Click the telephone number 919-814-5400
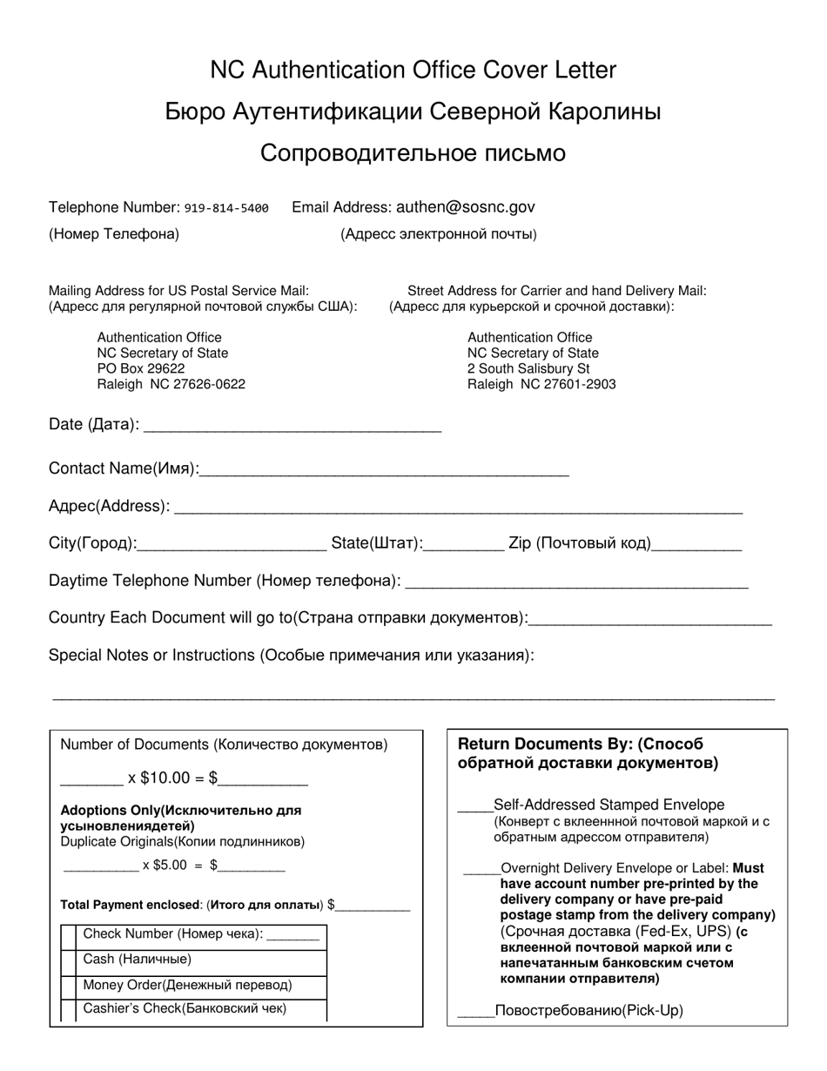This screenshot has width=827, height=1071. click(x=226, y=208)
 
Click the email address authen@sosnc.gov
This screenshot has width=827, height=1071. click(x=465, y=207)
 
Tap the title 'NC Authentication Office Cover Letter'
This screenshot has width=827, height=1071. click(x=413, y=71)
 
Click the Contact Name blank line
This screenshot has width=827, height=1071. click(x=384, y=470)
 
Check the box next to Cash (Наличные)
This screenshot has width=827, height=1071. click(x=68, y=960)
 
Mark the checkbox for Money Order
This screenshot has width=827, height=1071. click(x=68, y=986)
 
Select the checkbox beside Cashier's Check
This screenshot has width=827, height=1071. click(x=68, y=1010)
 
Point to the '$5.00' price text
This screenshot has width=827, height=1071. click(x=165, y=866)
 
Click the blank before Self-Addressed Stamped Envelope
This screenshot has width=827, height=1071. click(x=474, y=805)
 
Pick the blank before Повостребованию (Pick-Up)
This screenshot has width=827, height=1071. click(x=475, y=1011)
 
